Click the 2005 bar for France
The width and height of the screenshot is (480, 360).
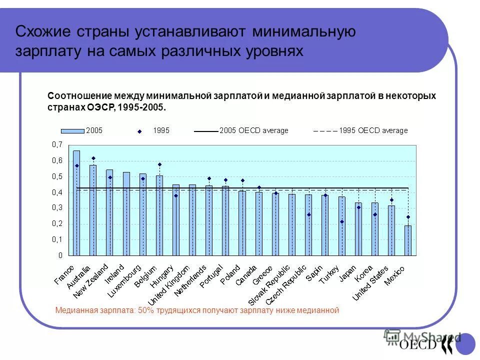pyautogui.click(x=76, y=202)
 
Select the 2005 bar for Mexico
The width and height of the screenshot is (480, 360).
pyautogui.click(x=408, y=240)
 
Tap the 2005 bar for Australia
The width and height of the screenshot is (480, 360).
pyautogui.click(x=93, y=210)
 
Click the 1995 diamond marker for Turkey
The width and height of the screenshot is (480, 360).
pyautogui.click(x=342, y=221)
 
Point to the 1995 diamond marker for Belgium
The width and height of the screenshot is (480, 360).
pyautogui.click(x=159, y=164)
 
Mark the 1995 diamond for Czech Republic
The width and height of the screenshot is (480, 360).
pyautogui.click(x=308, y=214)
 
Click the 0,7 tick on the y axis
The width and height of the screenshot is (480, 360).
pyautogui.click(x=56, y=144)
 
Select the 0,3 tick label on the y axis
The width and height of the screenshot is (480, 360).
pyautogui.click(x=56, y=207)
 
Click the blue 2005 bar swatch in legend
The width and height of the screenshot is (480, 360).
pyautogui.click(x=72, y=130)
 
